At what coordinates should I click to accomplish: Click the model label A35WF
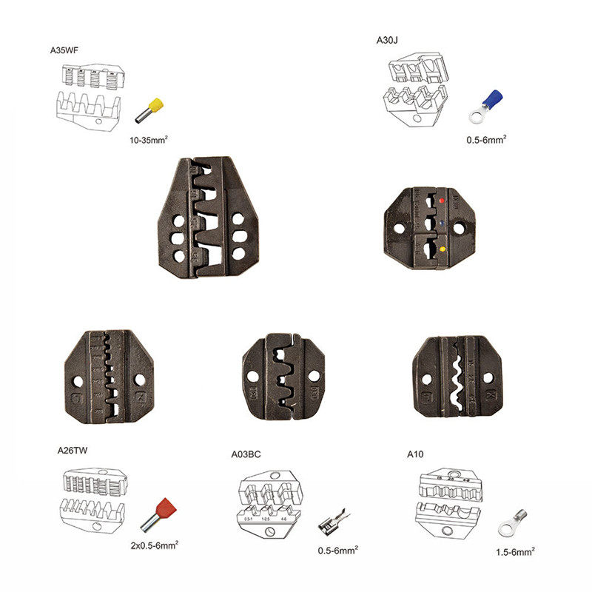(64, 50)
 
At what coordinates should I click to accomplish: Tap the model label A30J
(388, 41)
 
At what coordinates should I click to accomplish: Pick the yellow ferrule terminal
(150, 110)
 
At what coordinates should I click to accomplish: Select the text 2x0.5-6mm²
(154, 545)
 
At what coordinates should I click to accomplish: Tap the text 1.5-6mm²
(515, 551)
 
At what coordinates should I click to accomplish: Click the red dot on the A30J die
(441, 201)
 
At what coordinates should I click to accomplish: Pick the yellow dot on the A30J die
(442, 249)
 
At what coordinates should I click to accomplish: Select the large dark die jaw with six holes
(209, 218)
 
